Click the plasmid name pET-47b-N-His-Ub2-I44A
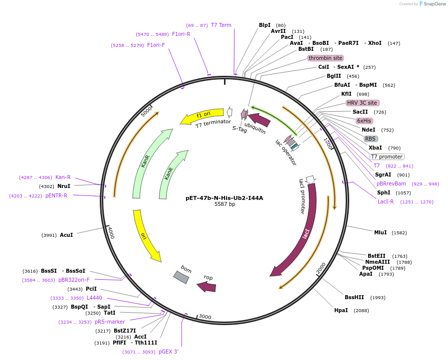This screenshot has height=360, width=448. click(224, 198)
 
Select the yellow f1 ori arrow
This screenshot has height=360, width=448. click(202, 116)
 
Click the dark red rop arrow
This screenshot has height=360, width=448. click(206, 287)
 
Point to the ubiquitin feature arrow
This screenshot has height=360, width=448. click(259, 119)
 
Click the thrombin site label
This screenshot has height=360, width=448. click(325, 58)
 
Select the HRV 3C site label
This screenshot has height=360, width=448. click(362, 103)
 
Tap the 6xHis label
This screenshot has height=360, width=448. click(364, 121)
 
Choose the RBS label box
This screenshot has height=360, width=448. click(370, 139)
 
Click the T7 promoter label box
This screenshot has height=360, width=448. click(387, 157)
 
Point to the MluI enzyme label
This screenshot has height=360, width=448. click(380, 232)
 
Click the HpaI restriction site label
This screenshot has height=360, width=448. click(341, 310)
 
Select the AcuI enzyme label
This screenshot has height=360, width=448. click(66, 235)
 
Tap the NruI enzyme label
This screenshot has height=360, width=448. click(64, 186)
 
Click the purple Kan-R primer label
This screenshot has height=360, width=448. click(63, 177)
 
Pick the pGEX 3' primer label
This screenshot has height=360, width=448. click(169, 352)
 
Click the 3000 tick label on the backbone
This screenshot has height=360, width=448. click(205, 317)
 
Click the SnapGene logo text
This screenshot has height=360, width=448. click(435, 3)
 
